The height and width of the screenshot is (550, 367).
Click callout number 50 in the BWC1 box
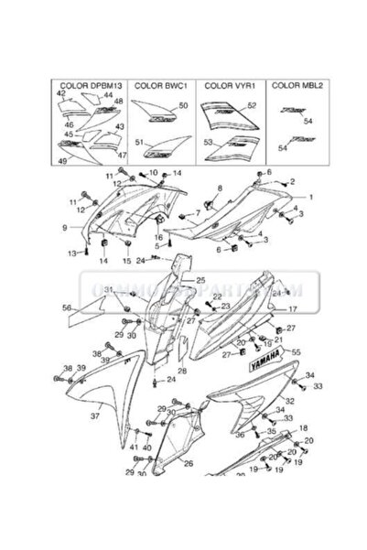pos(183,107)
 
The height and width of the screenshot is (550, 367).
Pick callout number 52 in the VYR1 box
pos(253,106)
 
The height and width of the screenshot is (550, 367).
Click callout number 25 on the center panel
pos(200,279)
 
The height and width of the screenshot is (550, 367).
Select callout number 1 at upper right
pos(310,197)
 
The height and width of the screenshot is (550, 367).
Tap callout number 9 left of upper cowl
pos(65,226)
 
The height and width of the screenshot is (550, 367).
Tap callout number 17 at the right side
pos(292,310)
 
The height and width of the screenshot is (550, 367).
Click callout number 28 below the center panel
pos(182,371)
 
